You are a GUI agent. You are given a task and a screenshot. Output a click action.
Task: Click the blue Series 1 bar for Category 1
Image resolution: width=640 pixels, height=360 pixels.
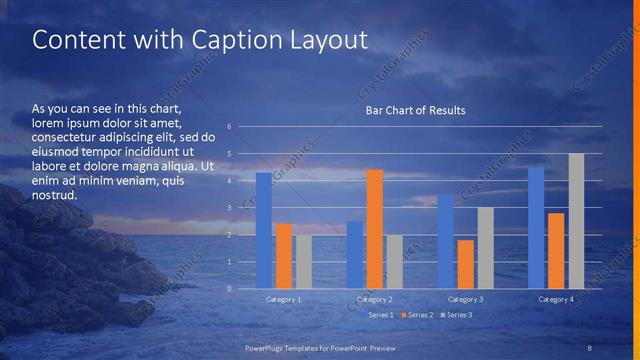click(264, 231)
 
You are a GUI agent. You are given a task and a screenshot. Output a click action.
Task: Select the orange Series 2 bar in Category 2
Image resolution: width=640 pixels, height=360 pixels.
click(374, 229)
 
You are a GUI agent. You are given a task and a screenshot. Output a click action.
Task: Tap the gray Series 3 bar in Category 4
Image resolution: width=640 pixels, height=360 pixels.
click(576, 221)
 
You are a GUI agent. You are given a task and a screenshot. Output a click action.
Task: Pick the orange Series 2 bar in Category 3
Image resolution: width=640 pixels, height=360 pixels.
click(465, 264)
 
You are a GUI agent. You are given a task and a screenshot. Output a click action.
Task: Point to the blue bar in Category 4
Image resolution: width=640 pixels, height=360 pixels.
click(536, 228)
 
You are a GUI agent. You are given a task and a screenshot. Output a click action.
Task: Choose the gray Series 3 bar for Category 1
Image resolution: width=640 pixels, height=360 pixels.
click(303, 262)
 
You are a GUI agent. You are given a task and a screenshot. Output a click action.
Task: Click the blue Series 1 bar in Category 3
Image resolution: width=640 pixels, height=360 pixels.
click(445, 242)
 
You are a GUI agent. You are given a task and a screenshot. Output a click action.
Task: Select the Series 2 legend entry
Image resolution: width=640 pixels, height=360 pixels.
click(418, 315)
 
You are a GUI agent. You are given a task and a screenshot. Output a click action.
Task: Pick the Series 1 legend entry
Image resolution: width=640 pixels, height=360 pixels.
click(379, 315)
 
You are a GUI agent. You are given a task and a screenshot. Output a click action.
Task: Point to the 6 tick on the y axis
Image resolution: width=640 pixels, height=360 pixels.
click(230, 127)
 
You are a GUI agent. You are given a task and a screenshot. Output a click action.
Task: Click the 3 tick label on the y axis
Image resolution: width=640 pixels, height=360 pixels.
click(230, 208)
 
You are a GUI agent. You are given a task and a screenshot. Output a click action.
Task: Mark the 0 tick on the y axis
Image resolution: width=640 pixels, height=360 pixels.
click(230, 289)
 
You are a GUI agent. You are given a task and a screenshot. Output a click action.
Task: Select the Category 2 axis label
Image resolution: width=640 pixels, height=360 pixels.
click(374, 299)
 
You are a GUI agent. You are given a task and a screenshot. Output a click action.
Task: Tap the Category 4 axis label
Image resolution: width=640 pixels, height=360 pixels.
click(556, 299)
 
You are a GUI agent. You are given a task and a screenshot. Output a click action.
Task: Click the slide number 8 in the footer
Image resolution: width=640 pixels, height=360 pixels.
click(590, 347)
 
